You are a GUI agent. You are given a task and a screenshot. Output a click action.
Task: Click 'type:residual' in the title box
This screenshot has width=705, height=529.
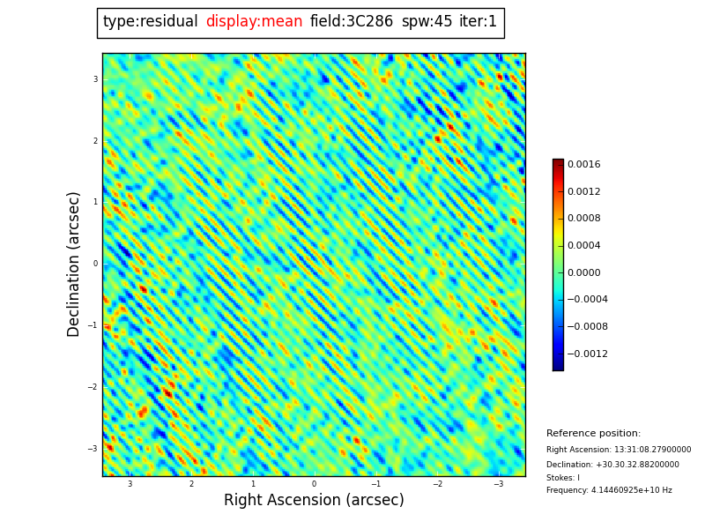150,22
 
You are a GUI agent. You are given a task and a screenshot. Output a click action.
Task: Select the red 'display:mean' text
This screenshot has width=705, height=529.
254,22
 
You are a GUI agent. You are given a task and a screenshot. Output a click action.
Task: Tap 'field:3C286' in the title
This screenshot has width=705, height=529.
352,22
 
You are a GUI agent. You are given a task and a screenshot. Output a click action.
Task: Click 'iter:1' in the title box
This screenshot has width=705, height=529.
478,22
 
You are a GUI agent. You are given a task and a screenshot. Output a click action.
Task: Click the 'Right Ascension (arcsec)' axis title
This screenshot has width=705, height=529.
314,501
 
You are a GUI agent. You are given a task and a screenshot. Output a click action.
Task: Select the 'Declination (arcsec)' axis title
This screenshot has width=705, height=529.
74,264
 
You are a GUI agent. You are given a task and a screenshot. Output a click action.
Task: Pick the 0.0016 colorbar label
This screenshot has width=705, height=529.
583,164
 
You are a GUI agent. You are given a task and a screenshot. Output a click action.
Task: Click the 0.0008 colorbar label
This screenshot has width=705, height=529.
583,219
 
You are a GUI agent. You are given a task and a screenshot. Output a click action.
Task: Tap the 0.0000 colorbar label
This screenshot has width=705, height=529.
583,272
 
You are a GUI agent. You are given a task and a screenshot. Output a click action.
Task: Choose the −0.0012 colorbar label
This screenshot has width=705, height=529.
587,354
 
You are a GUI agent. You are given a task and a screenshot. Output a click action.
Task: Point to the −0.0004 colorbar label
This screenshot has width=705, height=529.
587,300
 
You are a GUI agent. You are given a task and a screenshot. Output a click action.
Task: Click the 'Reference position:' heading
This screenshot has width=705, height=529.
593,434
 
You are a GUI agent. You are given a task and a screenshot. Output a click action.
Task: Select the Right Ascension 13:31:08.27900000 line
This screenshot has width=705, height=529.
619,450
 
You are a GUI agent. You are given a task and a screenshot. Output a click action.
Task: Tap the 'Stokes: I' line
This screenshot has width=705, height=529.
563,478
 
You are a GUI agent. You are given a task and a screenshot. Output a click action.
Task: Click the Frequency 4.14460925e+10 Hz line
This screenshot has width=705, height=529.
609,491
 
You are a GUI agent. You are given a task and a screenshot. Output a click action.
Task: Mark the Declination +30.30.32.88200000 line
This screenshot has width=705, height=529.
612,465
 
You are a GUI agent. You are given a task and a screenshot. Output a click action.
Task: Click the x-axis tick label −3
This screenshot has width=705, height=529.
498,484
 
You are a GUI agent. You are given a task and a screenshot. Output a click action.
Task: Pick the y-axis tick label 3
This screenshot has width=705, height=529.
95,79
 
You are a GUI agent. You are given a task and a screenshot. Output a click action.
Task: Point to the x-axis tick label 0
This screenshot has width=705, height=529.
314,484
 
